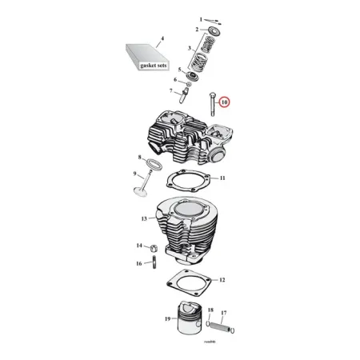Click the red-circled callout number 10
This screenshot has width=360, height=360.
(224, 102)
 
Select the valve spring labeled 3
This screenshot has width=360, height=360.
(206, 58)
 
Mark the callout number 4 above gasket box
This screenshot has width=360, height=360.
(162, 38)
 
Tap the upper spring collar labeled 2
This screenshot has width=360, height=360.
(213, 30)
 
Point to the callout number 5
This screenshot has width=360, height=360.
(180, 70)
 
